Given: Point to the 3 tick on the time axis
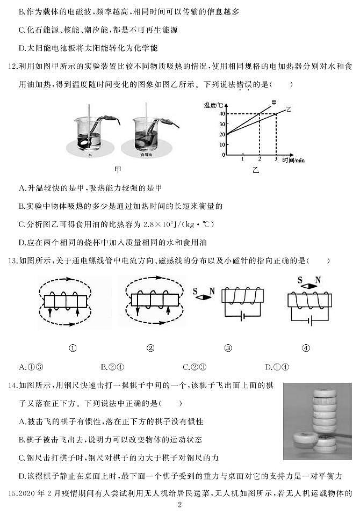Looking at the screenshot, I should (x=276, y=159).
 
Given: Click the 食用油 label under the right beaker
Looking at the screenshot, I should (x=143, y=154).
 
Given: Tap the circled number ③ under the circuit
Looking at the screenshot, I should (x=228, y=347).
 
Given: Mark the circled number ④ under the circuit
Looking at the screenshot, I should (x=306, y=347).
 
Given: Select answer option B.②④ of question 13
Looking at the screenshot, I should (x=113, y=367).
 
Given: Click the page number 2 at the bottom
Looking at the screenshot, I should (x=180, y=505).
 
